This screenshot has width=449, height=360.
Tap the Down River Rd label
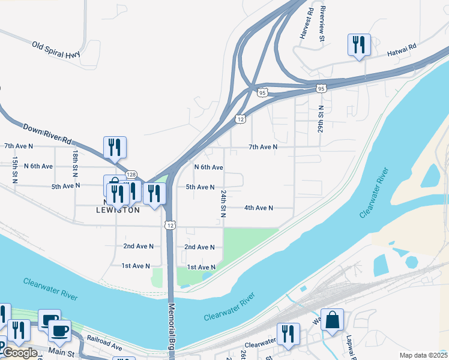47,134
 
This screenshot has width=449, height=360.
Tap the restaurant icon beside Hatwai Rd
359,44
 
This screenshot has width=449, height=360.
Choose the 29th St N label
322,118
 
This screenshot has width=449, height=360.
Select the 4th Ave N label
258,208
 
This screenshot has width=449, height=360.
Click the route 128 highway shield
131,174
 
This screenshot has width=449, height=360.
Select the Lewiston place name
118,210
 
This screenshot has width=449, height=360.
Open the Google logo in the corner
20,353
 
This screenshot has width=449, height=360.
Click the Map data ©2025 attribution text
424,355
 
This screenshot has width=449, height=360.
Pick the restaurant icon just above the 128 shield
113,148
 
